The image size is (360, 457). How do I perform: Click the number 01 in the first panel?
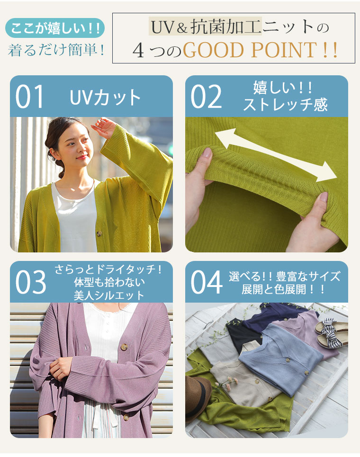click(29, 97)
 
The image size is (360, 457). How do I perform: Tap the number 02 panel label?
click(206, 97)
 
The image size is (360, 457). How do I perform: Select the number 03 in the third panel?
click(31, 282)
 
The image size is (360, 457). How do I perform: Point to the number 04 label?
click(207, 282)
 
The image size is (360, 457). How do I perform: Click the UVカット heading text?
click(105, 98)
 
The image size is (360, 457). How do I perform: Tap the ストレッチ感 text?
click(285, 105)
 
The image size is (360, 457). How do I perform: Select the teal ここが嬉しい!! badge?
click(55, 28)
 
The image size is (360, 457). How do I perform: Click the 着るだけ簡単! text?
click(56, 50)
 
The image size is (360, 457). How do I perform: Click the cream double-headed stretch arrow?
click(276, 155)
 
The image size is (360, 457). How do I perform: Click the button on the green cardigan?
click(99, 233)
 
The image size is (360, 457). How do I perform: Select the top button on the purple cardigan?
click(124, 347)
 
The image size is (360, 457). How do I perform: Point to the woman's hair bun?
click(62, 171)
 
